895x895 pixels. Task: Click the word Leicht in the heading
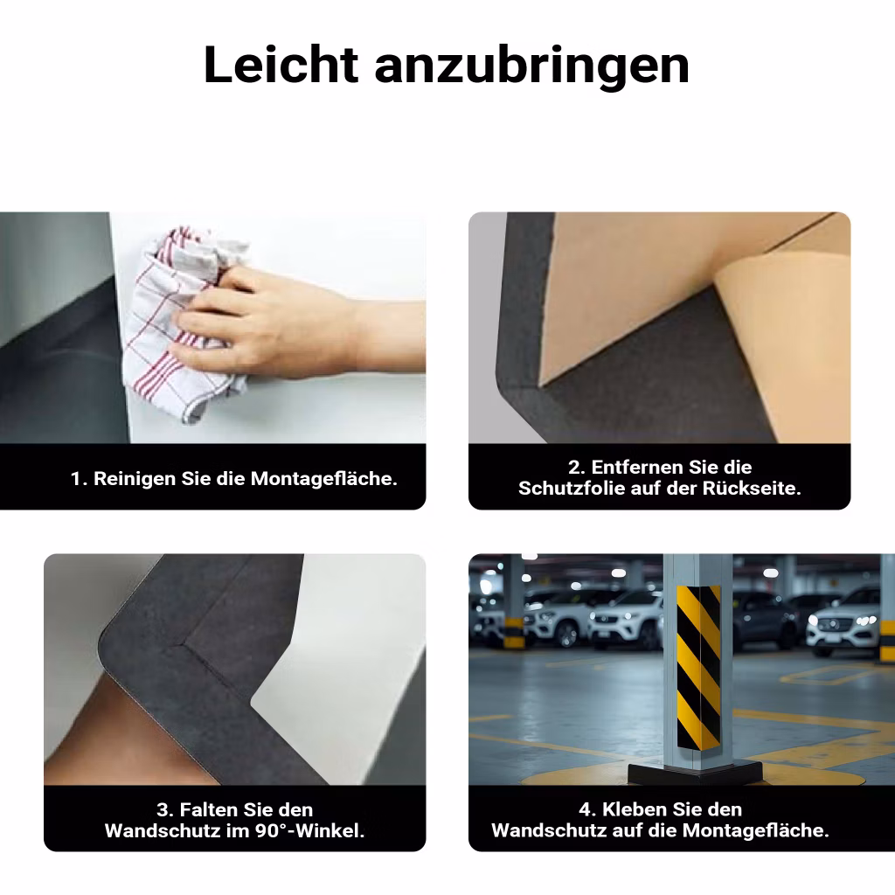[x=281, y=65]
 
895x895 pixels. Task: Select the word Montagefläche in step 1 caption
[x=323, y=478]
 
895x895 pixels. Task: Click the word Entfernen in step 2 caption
[x=637, y=468]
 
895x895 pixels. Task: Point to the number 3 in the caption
[x=163, y=810]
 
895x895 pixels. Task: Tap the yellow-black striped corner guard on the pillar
[x=698, y=667]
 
